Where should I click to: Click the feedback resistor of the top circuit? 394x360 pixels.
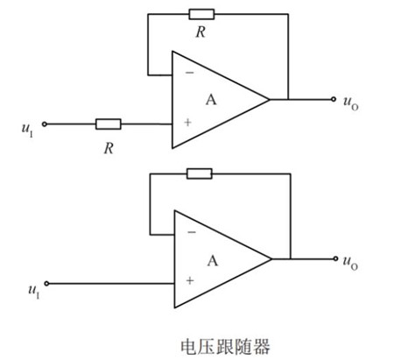pyautogui.click(x=201, y=14)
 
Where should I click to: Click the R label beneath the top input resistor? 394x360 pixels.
pyautogui.click(x=109, y=148)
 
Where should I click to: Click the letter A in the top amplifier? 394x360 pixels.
pyautogui.click(x=211, y=100)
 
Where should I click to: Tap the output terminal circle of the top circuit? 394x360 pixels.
pyautogui.click(x=334, y=100)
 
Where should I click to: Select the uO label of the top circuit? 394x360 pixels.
pyautogui.click(x=350, y=102)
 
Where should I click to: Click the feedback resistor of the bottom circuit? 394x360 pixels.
pyautogui.click(x=200, y=173)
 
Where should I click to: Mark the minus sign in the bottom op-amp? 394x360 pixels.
pyautogui.click(x=190, y=235)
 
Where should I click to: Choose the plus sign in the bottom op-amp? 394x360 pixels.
pyautogui.click(x=189, y=282)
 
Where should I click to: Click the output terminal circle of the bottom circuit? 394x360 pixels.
pyautogui.click(x=334, y=258)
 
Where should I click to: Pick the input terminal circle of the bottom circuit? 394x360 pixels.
pyautogui.click(x=46, y=283)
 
